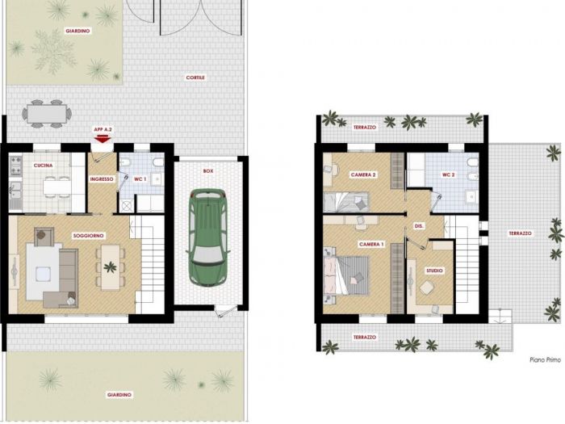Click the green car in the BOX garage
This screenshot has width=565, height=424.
(x=208, y=237)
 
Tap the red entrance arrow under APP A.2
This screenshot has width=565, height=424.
(x=103, y=139)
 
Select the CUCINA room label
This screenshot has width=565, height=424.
(x=43, y=166)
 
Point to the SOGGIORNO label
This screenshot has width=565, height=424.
(x=88, y=236)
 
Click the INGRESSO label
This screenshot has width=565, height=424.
(x=102, y=179)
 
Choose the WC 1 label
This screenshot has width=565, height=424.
(x=140, y=179)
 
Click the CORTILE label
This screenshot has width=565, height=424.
(x=195, y=78)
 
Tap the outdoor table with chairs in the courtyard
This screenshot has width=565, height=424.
(x=47, y=114)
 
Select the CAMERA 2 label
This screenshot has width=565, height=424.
(x=363, y=175)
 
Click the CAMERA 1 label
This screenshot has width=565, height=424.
(x=371, y=245)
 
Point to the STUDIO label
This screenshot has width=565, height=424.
(x=434, y=271)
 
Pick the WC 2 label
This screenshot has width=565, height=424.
(x=448, y=175)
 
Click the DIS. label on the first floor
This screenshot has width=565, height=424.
(x=419, y=226)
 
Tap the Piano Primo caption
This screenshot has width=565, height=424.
(x=545, y=359)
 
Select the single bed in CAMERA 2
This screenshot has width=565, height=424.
(x=346, y=202)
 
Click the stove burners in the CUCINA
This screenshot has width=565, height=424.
(x=16, y=165)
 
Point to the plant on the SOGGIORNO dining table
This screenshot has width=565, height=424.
(x=110, y=267)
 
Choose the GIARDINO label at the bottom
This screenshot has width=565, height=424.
(x=119, y=395)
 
